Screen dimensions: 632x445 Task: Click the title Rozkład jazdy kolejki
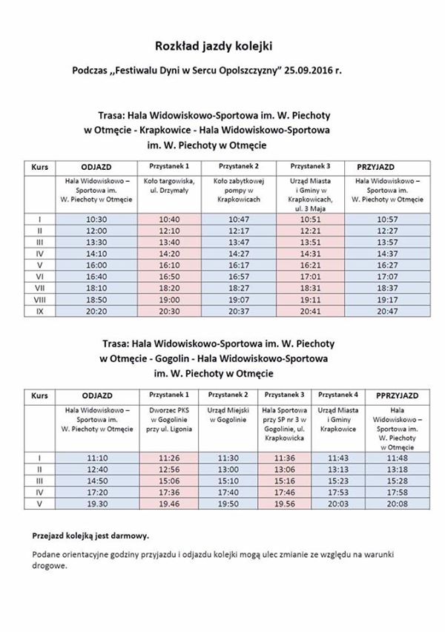(214, 46)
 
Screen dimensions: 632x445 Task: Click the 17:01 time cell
(311, 276)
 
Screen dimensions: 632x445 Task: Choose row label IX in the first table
(39, 312)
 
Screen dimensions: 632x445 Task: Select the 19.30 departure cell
(97, 502)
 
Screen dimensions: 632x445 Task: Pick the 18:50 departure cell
(97, 300)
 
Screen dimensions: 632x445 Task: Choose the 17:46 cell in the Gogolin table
(284, 491)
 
